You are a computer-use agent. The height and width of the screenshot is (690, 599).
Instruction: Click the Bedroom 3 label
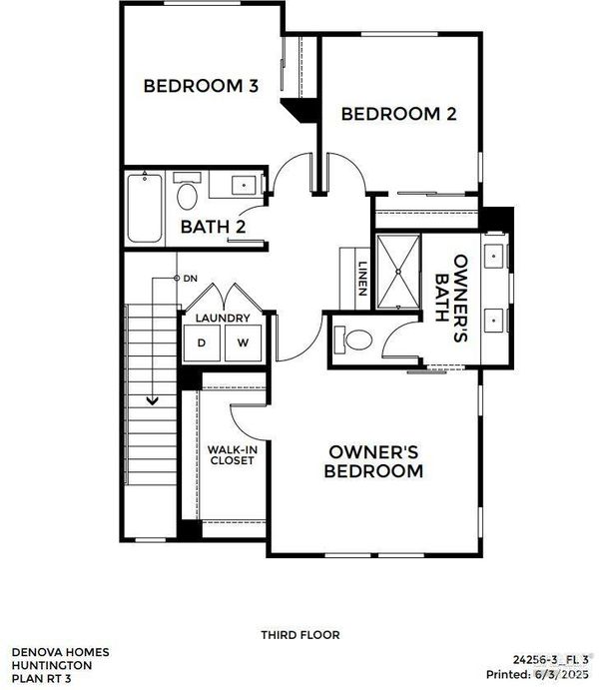coord(201,86)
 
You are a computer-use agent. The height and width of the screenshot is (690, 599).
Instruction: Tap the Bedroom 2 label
coord(398,114)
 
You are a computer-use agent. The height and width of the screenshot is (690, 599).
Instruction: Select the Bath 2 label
coord(213,227)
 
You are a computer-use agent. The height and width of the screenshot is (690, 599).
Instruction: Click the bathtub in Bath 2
coord(145,208)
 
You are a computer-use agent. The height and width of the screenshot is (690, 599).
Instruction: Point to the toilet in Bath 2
coord(187,192)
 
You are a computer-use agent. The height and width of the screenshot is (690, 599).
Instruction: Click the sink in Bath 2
coord(244,186)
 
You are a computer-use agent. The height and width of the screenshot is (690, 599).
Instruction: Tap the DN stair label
coord(191,279)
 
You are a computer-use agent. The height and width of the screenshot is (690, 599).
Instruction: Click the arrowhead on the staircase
coord(152,400)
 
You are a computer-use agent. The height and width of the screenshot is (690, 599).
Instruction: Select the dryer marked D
coord(202,344)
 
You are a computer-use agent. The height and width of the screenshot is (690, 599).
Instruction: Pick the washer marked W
coord(243,344)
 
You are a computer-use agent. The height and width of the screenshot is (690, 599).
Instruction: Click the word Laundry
coord(223,318)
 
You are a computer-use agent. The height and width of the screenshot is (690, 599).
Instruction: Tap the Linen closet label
coord(362,279)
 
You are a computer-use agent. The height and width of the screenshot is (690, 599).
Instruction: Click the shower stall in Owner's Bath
coord(398,272)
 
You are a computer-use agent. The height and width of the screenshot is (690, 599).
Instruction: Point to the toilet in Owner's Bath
coord(353,340)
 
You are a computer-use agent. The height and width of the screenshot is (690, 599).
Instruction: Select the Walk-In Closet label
coord(232,455)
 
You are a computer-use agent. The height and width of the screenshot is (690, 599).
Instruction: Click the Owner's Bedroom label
coord(373,461)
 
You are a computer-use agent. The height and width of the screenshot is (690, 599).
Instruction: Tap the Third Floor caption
coord(300,635)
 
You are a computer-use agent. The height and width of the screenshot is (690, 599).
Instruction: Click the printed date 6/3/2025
coord(561,674)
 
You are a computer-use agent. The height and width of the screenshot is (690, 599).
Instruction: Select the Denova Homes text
coord(60,652)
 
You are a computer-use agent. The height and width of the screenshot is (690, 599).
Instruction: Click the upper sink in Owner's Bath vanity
coord(494,256)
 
